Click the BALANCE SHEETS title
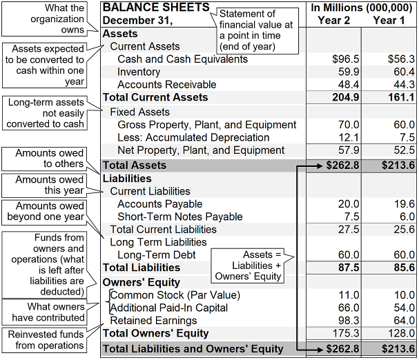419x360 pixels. pyautogui.click(x=156, y=8)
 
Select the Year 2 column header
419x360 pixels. pyautogui.click(x=334, y=20)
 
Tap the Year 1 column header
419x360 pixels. pyautogui.click(x=384, y=20)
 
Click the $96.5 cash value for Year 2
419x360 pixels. pyautogui.click(x=346, y=59)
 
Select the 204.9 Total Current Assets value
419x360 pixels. pyautogui.click(x=346, y=97)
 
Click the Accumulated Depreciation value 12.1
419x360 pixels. pyautogui.click(x=348, y=137)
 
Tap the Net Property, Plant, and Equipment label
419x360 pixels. pyautogui.click(x=201, y=150)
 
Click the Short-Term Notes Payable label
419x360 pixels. pyautogui.click(x=180, y=217)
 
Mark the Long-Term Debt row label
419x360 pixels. pyautogui.click(x=156, y=254)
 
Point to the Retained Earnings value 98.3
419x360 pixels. pyautogui.click(x=348, y=321)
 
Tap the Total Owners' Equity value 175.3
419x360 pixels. pyautogui.click(x=346, y=334)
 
